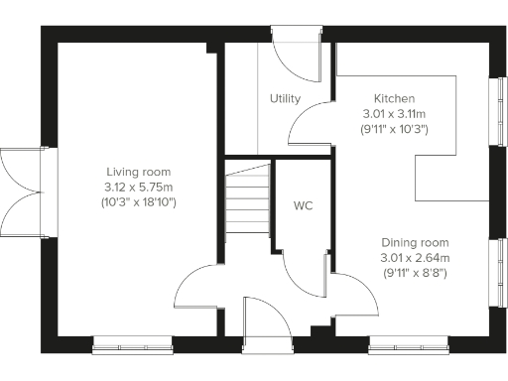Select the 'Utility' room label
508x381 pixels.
click(x=286, y=99)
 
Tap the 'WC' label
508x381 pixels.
click(x=304, y=206)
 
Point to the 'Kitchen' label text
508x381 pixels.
click(x=394, y=99)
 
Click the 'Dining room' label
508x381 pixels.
click(x=416, y=242)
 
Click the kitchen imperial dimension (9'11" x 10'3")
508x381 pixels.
click(x=394, y=130)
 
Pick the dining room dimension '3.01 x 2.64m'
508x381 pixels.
click(x=416, y=258)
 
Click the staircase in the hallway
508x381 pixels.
click(x=247, y=196)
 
